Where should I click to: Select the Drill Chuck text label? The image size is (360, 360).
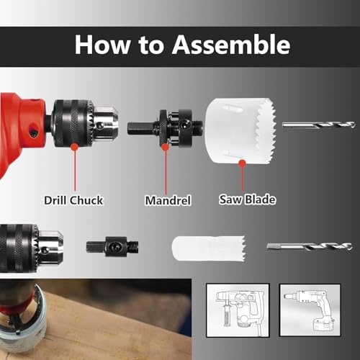73,199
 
